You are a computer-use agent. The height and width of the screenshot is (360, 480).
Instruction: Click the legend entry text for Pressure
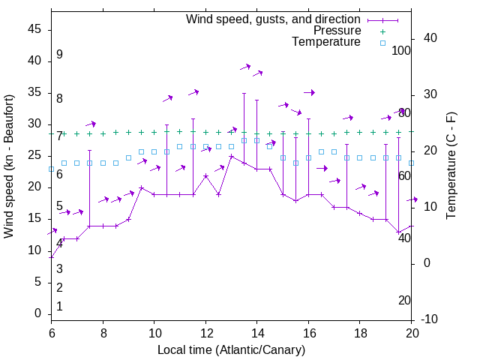tap(337, 31)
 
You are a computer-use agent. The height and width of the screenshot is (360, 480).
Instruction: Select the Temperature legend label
tap(326, 42)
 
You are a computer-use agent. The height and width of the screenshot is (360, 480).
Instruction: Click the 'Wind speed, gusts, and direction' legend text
tap(273, 19)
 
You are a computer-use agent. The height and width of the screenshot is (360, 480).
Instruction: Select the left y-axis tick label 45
tap(34, 29)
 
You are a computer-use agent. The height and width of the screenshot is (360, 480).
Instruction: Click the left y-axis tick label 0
tap(38, 314)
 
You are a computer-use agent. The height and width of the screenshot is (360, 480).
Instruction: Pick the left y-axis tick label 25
tap(34, 156)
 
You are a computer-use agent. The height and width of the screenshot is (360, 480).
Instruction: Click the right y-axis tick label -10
tap(429, 319)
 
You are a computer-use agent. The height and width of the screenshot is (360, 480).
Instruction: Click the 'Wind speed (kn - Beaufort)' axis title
tap(9, 166)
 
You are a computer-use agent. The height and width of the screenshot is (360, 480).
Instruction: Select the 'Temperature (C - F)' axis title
tap(451, 166)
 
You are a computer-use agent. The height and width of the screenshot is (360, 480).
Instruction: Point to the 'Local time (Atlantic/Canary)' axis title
tap(231, 349)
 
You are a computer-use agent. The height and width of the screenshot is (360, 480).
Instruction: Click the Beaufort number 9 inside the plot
tap(59, 55)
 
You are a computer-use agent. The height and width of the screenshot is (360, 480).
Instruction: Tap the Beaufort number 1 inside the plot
tap(59, 307)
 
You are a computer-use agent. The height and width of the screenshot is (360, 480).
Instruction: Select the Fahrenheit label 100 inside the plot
tap(401, 51)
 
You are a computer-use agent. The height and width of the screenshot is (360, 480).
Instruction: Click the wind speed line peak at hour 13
tap(231, 156)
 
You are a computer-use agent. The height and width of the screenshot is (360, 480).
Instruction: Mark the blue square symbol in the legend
tap(382, 43)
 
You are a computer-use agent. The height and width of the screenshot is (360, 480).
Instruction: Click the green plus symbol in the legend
tap(382, 31)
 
